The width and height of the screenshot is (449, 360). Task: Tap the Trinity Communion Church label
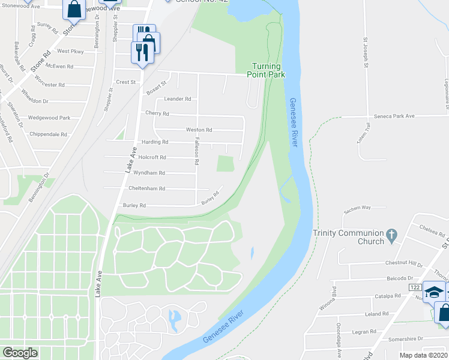(x=348, y=237)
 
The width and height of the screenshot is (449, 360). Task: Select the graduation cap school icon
(x=432, y=292)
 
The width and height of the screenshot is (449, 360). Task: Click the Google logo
(x=20, y=352)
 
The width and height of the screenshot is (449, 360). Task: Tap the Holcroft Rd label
(x=151, y=157)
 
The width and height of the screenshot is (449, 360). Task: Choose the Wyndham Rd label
(x=149, y=173)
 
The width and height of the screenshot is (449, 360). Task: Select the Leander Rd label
(x=177, y=99)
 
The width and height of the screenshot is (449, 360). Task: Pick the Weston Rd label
(x=199, y=130)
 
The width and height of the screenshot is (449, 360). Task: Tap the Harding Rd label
(x=154, y=142)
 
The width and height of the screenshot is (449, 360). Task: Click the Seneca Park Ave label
(x=400, y=116)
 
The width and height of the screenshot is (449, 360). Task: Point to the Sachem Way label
(x=357, y=208)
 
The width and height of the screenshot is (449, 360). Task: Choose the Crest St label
(x=127, y=82)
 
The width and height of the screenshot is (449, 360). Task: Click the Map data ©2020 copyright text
(x=424, y=355)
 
